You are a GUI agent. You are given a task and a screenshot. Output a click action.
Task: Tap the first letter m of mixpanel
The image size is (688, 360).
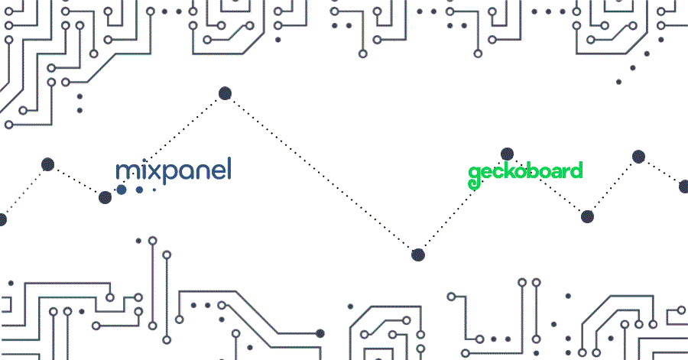pyautogui.click(x=125, y=171)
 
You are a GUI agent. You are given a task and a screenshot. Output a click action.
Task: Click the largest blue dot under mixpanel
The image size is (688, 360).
pyautogui.click(x=122, y=189)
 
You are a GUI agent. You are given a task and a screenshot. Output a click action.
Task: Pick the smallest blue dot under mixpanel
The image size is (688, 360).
pyautogui.click(x=154, y=189)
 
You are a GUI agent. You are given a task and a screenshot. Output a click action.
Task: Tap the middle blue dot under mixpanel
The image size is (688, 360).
pyautogui.click(x=139, y=189)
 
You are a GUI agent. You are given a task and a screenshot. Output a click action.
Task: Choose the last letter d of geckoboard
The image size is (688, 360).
pyautogui.click(x=576, y=170)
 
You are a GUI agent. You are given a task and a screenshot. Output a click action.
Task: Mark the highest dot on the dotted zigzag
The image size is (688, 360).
pyautogui.click(x=225, y=93)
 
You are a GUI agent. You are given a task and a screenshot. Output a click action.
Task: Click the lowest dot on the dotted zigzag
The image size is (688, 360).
pyautogui.click(x=417, y=255)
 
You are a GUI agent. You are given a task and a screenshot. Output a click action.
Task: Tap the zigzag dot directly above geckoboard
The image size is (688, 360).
pyautogui.click(x=506, y=154)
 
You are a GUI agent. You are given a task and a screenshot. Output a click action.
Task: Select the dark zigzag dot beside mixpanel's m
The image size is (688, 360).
pyautogui.click(x=105, y=197)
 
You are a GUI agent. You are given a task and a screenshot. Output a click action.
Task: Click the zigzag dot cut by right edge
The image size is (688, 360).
pyautogui.click(x=684, y=186)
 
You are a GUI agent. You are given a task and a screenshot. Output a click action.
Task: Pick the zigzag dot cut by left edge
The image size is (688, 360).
pyautogui.click(x=2, y=219)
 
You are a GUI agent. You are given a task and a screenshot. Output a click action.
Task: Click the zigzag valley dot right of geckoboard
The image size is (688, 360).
pyautogui.click(x=587, y=216)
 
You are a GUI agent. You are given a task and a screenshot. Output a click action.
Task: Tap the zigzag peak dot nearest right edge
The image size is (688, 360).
pyautogui.click(x=638, y=157)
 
